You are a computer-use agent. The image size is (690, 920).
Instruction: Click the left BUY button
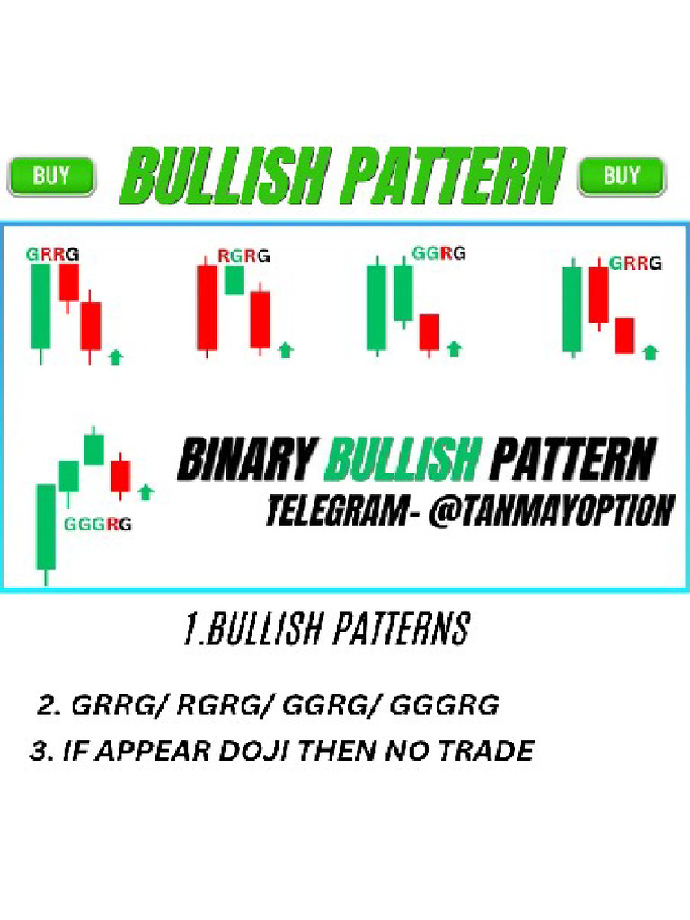[x=51, y=176]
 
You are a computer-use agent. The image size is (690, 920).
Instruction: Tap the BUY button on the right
[x=622, y=176]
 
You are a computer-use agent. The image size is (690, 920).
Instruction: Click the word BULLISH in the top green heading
[x=226, y=176]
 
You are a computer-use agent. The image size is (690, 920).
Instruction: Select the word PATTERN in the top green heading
[x=454, y=176]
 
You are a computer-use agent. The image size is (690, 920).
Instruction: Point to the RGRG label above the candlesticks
[x=243, y=256]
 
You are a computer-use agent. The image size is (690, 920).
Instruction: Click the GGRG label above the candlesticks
[x=438, y=253]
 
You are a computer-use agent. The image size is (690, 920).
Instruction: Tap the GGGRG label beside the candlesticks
[x=97, y=525]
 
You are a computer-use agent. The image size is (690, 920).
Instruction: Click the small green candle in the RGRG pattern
[x=234, y=280]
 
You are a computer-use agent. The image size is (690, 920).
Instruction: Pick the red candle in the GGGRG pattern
[x=120, y=476]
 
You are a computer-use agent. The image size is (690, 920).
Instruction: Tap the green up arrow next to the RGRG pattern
[x=286, y=350]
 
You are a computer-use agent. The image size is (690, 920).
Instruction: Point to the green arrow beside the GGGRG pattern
[x=146, y=492]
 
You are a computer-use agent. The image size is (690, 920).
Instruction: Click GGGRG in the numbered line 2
[x=444, y=704]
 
